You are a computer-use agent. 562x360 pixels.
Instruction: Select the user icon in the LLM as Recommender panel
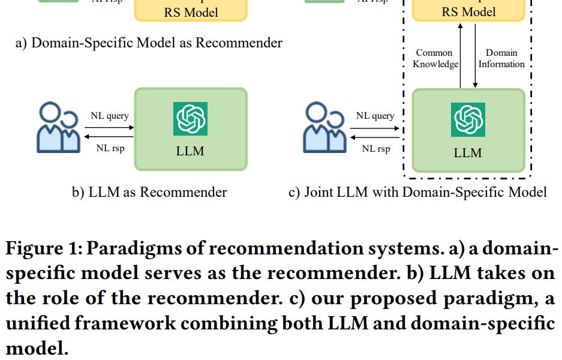click(x=58, y=128)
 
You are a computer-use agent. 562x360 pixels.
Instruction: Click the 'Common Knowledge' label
click(x=435, y=58)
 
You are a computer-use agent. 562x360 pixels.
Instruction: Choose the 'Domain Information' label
click(x=501, y=58)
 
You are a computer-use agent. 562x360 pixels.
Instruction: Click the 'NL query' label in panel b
click(x=109, y=115)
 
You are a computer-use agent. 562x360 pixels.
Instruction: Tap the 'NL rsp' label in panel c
click(x=375, y=148)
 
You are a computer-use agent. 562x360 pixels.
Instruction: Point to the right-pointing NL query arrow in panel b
click(x=109, y=127)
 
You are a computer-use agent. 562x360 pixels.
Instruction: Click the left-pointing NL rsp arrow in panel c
click(x=375, y=137)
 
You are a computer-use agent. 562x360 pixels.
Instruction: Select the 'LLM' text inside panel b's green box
click(x=190, y=151)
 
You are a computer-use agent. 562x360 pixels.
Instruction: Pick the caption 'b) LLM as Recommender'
click(x=150, y=192)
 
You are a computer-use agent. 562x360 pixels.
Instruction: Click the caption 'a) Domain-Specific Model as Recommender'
click(x=149, y=43)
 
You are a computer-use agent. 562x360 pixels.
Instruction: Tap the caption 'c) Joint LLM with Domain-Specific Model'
click(x=417, y=192)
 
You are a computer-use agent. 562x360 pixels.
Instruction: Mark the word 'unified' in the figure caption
click(x=38, y=323)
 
